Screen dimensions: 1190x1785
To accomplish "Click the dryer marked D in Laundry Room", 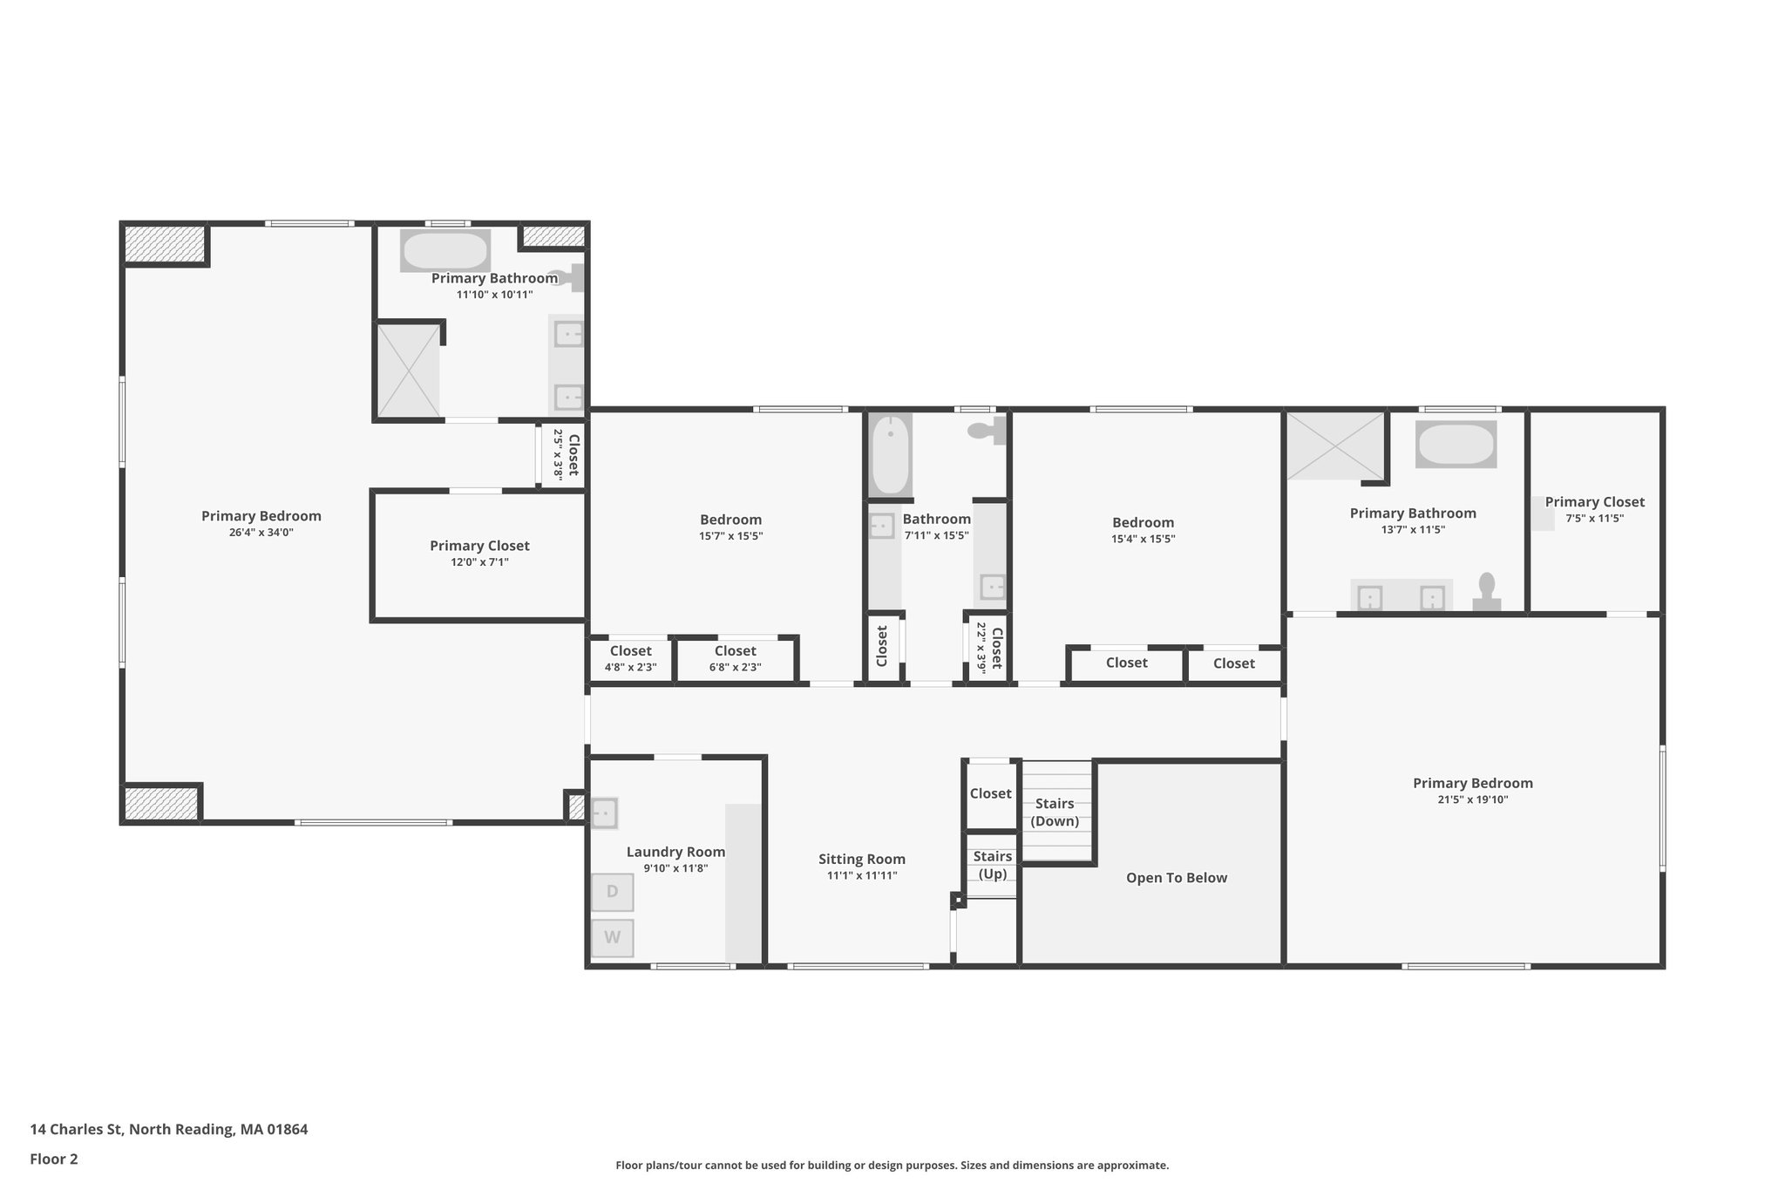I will (612, 892).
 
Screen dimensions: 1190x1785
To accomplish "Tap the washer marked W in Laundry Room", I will (612, 938).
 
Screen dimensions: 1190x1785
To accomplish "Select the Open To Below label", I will (1176, 878).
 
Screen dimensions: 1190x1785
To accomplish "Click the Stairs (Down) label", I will (1055, 812).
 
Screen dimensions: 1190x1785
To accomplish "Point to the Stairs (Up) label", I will (992, 865).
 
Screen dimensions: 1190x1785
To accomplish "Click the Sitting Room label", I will (861, 860).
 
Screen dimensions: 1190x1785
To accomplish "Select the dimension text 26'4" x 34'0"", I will (261, 532).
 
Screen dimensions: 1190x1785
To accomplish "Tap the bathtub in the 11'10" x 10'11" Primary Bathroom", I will (445, 251).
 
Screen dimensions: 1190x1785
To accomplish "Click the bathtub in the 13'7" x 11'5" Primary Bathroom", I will (1456, 445).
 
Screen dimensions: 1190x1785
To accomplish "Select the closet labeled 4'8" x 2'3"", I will (630, 659).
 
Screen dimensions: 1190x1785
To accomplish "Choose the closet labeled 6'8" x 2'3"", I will (735, 659).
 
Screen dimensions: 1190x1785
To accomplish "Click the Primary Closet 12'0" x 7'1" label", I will (479, 546).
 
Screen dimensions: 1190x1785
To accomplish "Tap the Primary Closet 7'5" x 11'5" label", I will (1594, 502).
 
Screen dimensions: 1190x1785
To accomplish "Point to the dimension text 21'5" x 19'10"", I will (1472, 799).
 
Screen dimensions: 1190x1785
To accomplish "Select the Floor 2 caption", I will (54, 1159).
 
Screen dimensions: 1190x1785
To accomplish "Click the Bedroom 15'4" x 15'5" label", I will (1143, 523).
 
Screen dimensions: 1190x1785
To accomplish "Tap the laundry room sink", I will (603, 813).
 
